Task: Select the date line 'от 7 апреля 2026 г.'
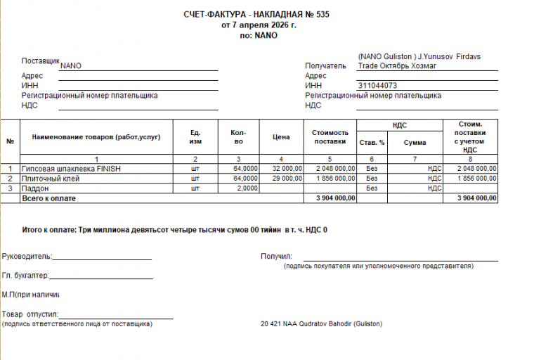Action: coord(259,25)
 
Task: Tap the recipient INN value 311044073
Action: coord(382,86)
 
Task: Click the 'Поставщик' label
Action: coord(41,61)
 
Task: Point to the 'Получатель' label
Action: coord(326,66)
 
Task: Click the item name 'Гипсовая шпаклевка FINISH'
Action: coord(72,169)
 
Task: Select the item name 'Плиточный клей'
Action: coord(51,179)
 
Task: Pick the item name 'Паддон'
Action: coord(35,188)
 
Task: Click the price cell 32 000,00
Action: coord(287,169)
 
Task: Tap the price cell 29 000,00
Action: coord(287,179)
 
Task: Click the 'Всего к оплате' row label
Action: coord(48,198)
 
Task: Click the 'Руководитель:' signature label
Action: coord(27,257)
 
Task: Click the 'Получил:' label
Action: coord(276,257)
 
